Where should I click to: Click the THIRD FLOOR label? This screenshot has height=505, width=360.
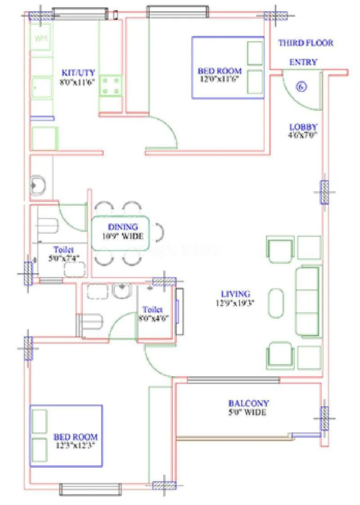[306, 43]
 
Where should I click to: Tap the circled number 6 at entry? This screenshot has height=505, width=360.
[301, 86]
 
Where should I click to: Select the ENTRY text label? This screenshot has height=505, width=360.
[303, 62]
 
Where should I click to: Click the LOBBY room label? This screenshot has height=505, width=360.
[303, 127]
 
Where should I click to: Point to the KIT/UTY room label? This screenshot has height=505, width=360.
[77, 72]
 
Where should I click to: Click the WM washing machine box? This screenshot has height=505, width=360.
[41, 39]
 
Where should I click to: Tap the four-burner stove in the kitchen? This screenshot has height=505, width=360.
[111, 85]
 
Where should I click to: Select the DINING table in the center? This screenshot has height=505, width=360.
[121, 232]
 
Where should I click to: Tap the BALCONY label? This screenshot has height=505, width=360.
[248, 403]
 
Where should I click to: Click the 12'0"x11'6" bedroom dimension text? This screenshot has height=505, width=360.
[219, 78]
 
